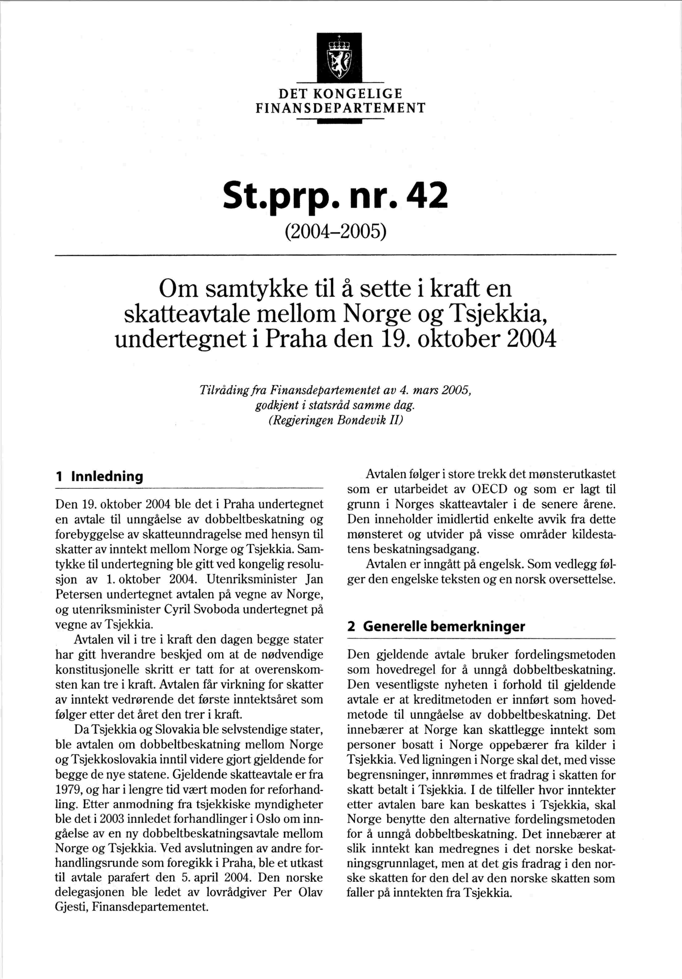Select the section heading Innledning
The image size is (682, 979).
tap(107, 476)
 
